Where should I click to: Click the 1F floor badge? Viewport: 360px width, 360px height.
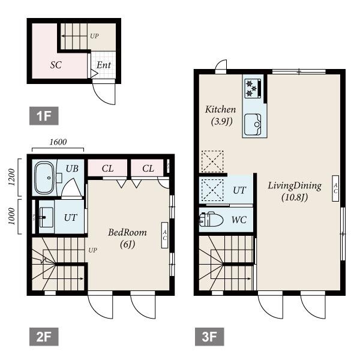coord(44,116)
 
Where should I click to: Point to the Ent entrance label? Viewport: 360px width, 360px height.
coord(103,65)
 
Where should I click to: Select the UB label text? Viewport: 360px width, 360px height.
coord(72,169)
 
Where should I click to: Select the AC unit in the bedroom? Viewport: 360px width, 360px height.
coord(164,234)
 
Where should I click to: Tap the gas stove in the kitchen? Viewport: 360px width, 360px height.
coord(252,88)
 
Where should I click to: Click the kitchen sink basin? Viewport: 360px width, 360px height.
coord(253,125)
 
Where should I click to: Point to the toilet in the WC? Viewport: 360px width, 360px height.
coord(212,220)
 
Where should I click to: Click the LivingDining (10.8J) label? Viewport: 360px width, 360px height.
coord(295,191)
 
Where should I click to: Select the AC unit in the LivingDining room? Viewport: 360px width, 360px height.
coord(335,187)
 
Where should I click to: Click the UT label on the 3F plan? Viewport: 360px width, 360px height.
coord(239,190)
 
